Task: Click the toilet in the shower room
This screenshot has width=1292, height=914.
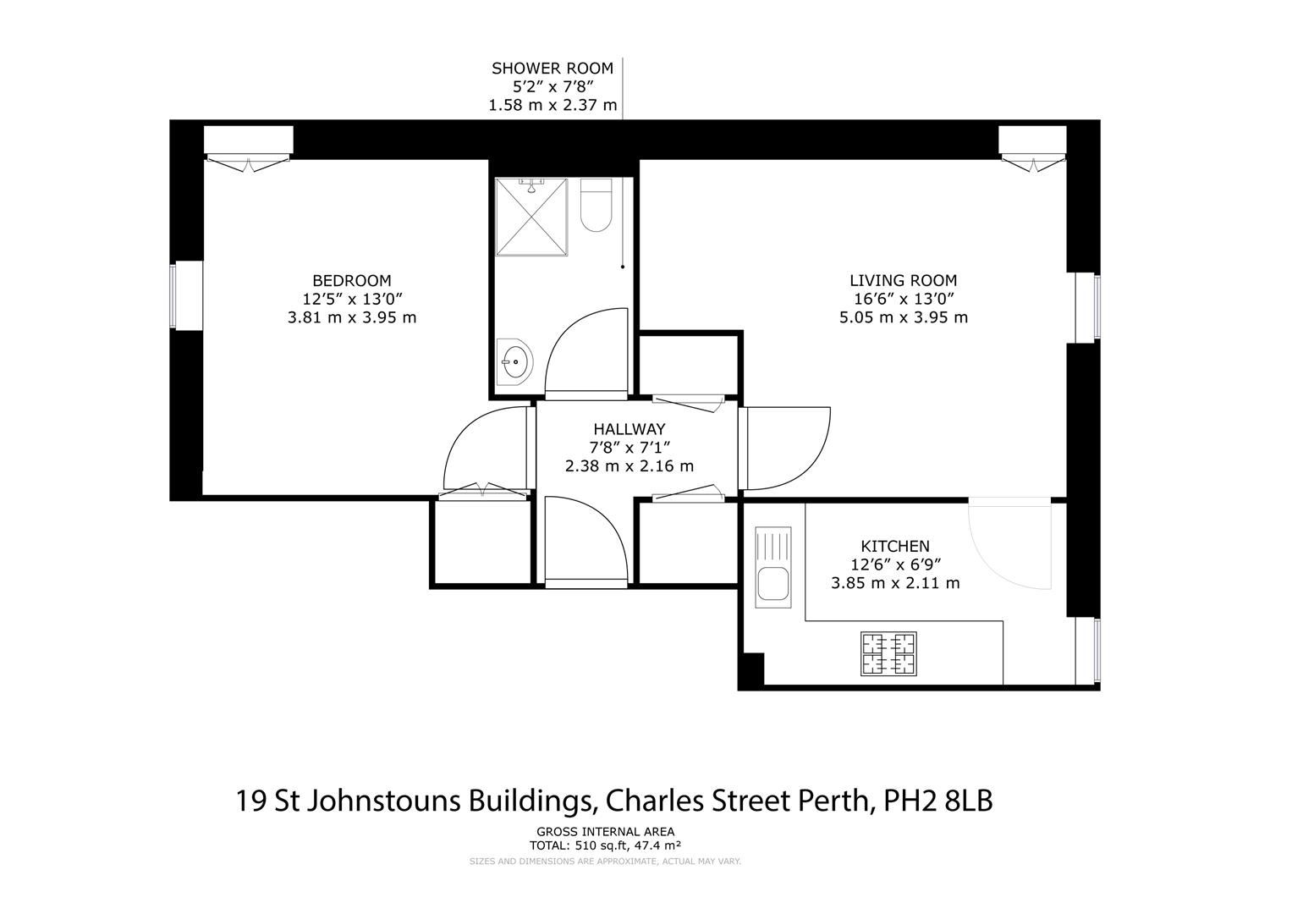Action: [x=597, y=206]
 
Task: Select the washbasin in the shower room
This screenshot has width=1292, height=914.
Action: [x=514, y=362]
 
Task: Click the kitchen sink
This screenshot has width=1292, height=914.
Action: [x=772, y=566]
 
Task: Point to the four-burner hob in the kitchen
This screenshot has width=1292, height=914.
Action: [x=888, y=653]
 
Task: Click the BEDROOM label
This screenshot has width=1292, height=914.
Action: [x=351, y=280]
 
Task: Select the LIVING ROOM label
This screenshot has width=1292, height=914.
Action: [x=903, y=280]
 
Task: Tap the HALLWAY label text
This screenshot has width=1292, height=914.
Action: [x=629, y=429]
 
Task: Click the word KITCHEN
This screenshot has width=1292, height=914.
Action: [x=895, y=547]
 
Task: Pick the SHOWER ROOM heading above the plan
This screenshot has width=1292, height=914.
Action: [x=553, y=69]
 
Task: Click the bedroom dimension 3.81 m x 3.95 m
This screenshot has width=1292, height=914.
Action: [x=352, y=317]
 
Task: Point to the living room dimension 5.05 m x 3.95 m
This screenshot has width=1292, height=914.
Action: [x=903, y=317]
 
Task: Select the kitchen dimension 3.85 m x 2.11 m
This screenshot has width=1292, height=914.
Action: [x=895, y=583]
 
